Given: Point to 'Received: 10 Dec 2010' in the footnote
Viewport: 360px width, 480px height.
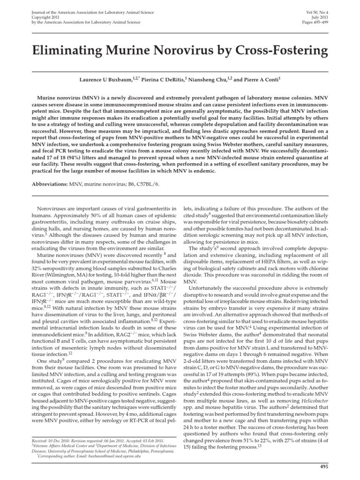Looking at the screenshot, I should (x=50, y=441).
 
